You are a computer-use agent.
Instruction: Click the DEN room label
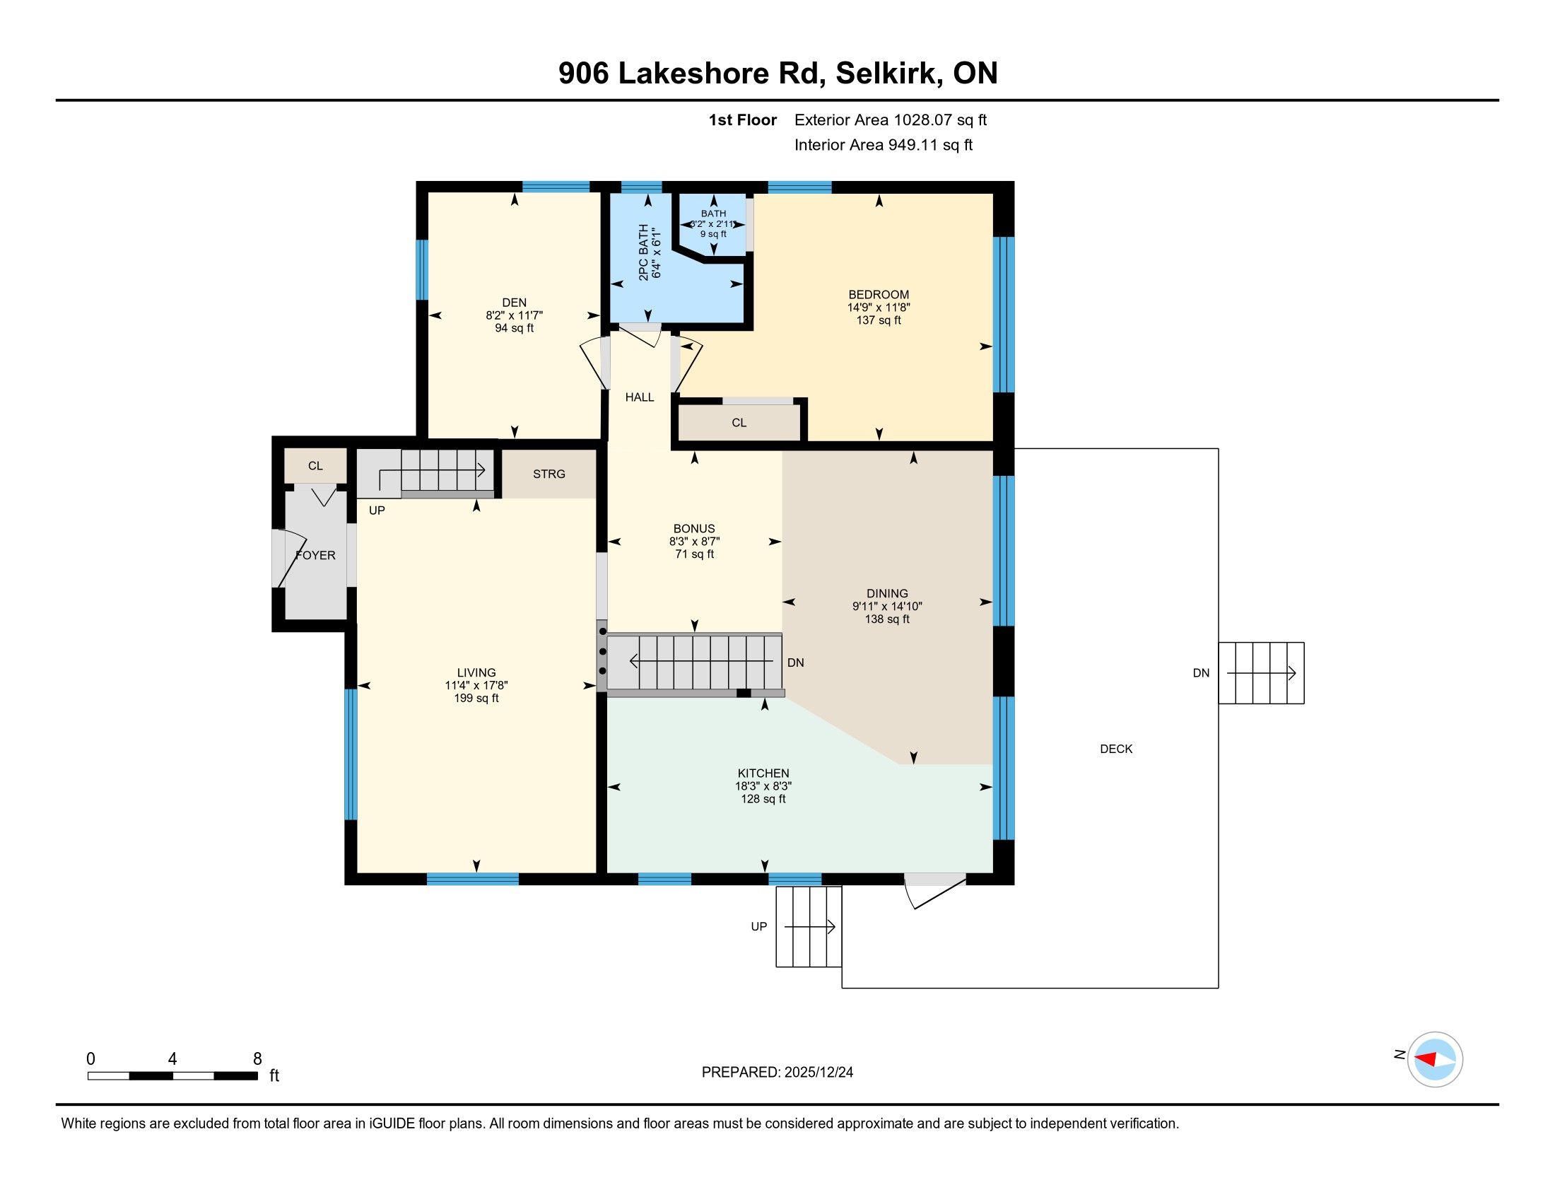(514, 303)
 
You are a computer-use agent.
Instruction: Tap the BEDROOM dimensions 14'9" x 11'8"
(879, 308)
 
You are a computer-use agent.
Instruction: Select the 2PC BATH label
(644, 253)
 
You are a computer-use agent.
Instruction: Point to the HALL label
(640, 397)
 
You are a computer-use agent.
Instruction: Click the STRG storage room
(549, 474)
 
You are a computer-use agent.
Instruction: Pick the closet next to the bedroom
(739, 422)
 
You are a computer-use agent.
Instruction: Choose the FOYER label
(315, 556)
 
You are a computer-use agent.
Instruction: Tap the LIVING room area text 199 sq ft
(476, 699)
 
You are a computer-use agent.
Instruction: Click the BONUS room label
(694, 528)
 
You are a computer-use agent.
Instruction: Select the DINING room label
(887, 593)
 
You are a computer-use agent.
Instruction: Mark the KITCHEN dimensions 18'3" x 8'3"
(763, 786)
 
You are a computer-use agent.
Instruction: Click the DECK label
(1116, 748)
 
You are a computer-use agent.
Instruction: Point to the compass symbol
(1435, 1060)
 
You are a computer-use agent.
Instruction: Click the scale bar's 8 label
(257, 1059)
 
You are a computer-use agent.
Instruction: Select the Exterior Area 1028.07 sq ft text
(891, 119)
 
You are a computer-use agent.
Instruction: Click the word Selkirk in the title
(886, 74)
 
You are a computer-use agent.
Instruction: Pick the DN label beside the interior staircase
(795, 663)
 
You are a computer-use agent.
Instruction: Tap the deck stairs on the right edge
(1261, 673)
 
